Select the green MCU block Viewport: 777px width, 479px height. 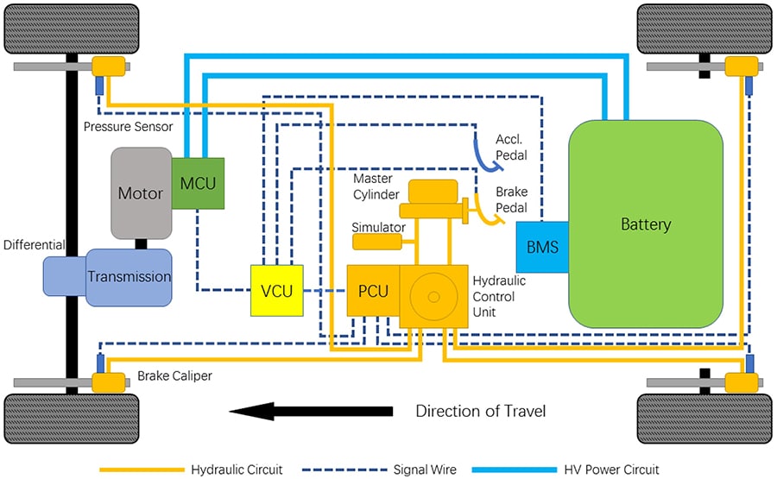(198, 183)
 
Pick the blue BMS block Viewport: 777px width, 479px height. (542, 247)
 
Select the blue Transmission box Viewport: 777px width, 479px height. (129, 277)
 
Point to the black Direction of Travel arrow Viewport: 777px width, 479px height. (312, 411)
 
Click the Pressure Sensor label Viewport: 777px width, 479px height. (128, 127)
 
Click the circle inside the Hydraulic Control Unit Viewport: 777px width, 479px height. (433, 296)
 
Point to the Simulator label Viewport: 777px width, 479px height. (378, 227)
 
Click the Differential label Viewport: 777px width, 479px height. (34, 245)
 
